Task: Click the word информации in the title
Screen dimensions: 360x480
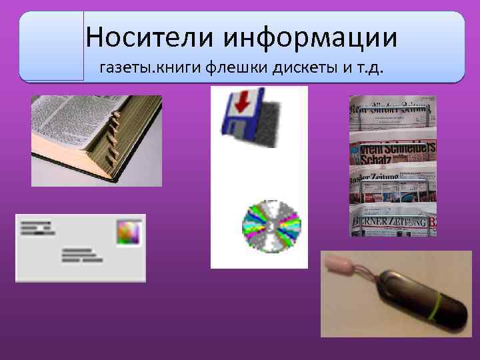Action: [310, 37]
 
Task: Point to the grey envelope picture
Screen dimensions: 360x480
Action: [80, 247]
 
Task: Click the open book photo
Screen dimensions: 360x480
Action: [96, 140]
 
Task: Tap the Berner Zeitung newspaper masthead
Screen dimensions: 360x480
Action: [390, 221]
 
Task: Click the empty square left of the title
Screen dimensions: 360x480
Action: [51, 45]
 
